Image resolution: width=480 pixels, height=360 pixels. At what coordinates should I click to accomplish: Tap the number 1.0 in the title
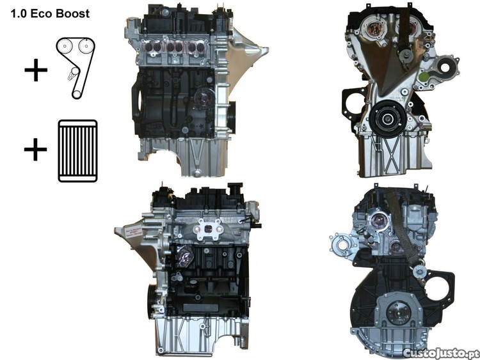click(19, 14)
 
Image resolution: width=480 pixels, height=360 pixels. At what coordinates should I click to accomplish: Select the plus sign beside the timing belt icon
click(36, 70)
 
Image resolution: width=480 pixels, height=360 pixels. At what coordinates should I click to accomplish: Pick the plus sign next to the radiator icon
click(35, 150)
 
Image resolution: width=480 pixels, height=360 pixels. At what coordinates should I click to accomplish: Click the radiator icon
click(77, 151)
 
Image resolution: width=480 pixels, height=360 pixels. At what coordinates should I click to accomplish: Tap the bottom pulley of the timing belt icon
click(77, 94)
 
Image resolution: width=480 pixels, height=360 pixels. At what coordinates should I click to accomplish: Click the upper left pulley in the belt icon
click(65, 47)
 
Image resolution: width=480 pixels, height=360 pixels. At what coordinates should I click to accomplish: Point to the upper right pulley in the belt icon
click(86, 47)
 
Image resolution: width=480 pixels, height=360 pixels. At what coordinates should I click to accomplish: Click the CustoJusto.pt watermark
click(440, 353)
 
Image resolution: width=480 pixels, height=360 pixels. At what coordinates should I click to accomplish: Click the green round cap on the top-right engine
click(424, 77)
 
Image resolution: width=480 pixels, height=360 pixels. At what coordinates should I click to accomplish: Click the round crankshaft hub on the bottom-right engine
click(398, 313)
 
